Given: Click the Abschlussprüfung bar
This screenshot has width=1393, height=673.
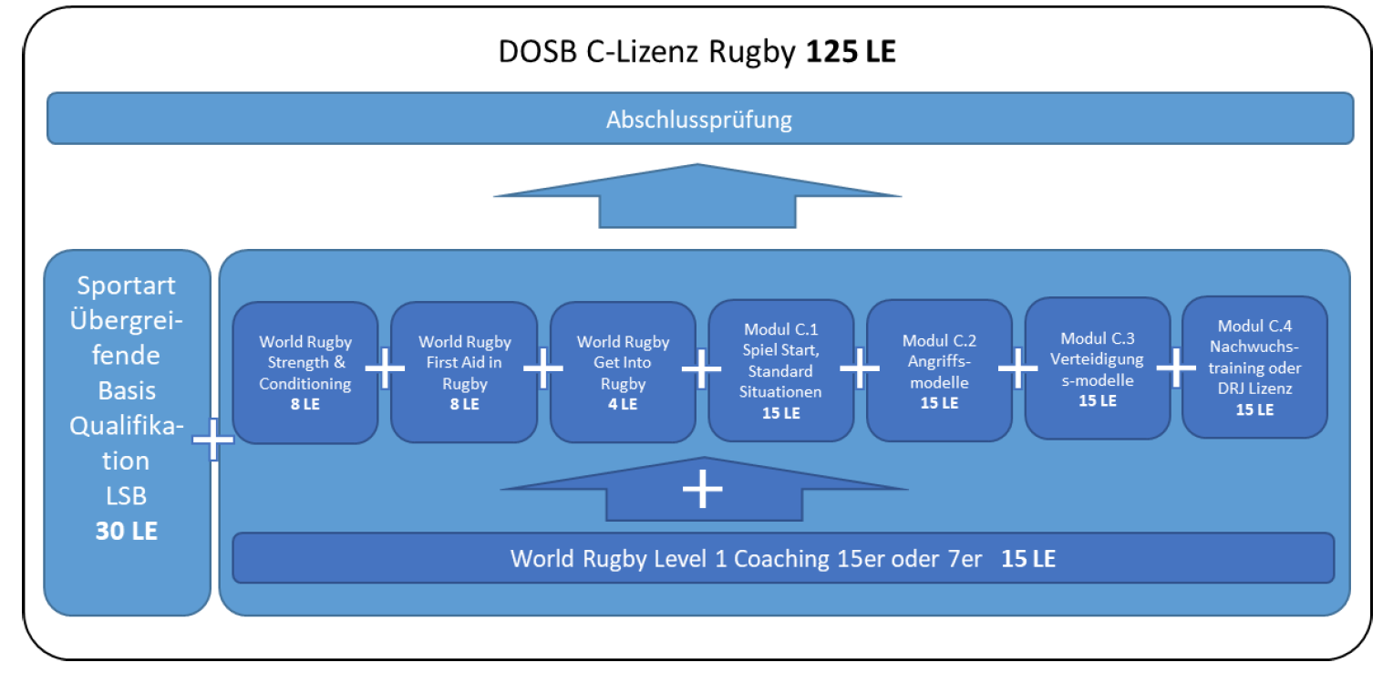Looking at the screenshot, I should click(x=699, y=119).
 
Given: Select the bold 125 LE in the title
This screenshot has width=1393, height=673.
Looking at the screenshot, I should click(x=851, y=51).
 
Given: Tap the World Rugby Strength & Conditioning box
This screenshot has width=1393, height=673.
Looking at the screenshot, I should click(x=305, y=373).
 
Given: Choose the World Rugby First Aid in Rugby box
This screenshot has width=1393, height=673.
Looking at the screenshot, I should click(x=465, y=373).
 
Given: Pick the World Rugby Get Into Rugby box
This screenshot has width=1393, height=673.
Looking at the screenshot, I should click(x=624, y=372).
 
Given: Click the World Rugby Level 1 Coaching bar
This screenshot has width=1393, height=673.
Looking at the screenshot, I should click(x=783, y=558).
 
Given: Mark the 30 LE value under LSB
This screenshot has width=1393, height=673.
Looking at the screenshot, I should click(x=127, y=531).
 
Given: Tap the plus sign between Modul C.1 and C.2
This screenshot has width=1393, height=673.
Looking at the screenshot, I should click(x=860, y=368).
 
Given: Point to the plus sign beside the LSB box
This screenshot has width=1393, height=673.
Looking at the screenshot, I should click(x=214, y=440).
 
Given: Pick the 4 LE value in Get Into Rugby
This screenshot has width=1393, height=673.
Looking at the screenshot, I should click(x=623, y=403).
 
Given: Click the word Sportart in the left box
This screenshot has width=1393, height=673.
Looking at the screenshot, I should click(x=127, y=285).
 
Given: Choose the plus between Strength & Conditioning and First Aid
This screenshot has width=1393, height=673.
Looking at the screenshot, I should click(x=385, y=370).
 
